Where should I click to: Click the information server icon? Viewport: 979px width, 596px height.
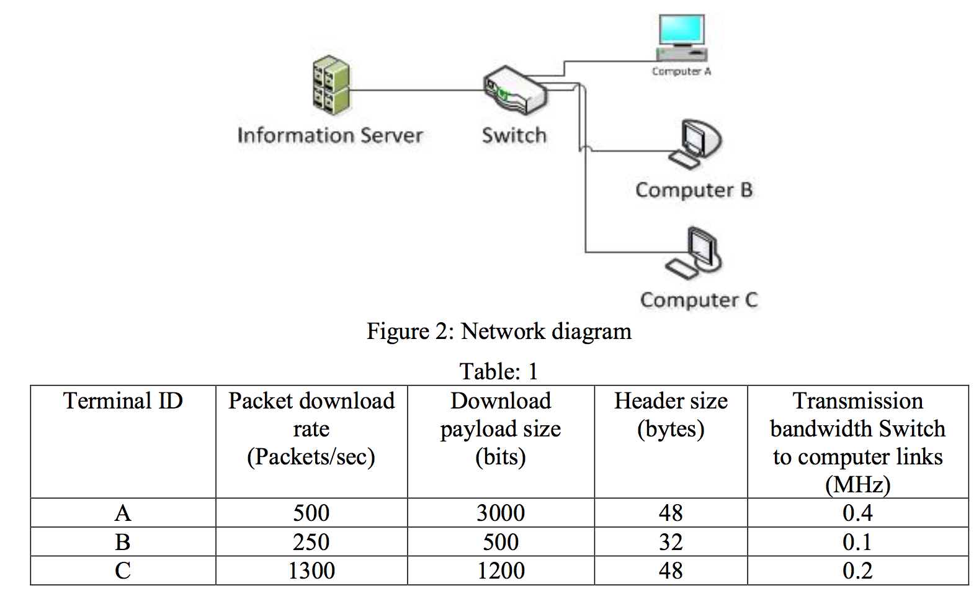point(331,86)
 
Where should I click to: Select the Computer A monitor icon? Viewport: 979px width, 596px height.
point(681,37)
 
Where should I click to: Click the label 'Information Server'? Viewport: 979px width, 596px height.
point(330,135)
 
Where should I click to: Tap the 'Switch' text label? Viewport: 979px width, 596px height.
point(514,135)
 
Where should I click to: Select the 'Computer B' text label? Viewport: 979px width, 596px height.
point(694,190)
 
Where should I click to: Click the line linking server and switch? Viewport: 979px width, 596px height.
point(416,91)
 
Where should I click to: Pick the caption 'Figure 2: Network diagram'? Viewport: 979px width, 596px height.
point(499,332)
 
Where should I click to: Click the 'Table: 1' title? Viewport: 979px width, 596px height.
point(499,371)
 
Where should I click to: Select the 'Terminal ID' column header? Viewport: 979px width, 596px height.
point(123,401)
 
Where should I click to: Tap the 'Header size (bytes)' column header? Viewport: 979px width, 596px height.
point(671,415)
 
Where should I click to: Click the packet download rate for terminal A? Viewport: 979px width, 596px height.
point(311,513)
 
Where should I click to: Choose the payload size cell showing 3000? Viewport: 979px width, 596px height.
point(501,513)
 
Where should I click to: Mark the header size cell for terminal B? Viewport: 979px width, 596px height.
point(671,542)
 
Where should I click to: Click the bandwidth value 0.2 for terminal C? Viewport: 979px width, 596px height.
point(857,571)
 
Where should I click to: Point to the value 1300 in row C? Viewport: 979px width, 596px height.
point(311,571)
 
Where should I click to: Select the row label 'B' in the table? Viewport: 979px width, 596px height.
point(123,542)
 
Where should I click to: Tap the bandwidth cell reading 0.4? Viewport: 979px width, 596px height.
point(857,513)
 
